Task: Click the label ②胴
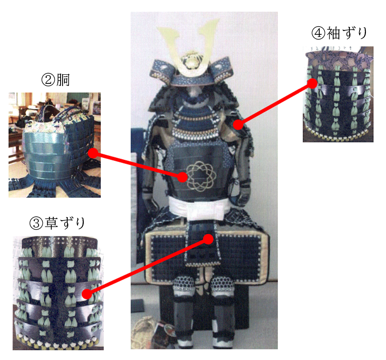coord(55,80)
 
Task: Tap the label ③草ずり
coord(57,223)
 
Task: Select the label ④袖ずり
coord(339,33)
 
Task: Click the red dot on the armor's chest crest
coord(183,177)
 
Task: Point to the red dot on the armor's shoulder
coord(238,124)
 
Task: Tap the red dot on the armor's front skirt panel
coord(208,239)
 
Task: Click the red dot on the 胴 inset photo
coord(93,153)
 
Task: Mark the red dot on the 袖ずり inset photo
coord(312,83)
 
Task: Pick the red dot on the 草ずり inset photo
coord(87,294)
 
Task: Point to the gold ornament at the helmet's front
coord(190,60)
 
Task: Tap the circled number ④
coord(318,33)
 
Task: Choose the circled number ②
coord(48,80)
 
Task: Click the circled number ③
coord(36,223)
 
